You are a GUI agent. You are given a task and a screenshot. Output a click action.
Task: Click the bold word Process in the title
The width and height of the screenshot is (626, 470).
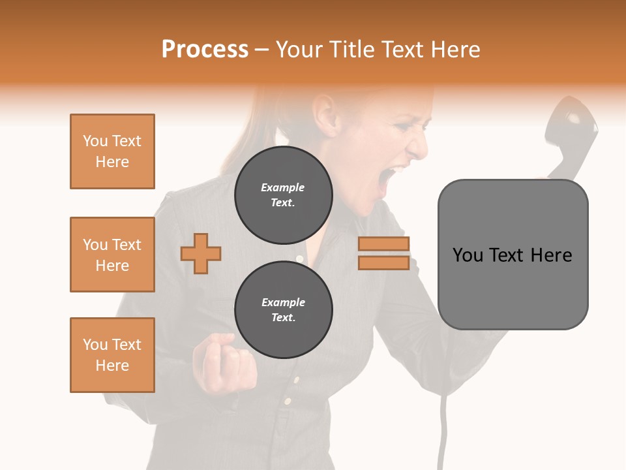click(x=205, y=50)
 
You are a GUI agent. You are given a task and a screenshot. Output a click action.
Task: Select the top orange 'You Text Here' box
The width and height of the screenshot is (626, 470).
click(x=112, y=151)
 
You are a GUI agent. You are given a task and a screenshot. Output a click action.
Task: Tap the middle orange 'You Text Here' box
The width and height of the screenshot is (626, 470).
click(x=112, y=255)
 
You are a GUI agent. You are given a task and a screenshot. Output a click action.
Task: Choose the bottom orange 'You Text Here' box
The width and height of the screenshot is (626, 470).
click(x=112, y=355)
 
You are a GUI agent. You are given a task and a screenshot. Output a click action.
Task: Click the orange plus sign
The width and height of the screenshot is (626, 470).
click(x=201, y=253)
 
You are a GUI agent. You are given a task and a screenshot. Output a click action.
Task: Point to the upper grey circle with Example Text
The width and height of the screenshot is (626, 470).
click(x=283, y=195)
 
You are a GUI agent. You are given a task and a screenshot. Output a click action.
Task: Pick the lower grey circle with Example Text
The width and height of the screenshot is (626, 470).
click(x=283, y=310)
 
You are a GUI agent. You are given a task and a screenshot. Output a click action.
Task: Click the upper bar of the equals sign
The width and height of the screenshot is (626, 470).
click(x=383, y=244)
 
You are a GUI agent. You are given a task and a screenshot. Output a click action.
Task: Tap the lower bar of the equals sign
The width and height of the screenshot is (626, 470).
click(x=383, y=262)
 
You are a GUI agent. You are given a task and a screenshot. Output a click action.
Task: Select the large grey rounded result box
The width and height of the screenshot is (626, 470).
click(x=513, y=255)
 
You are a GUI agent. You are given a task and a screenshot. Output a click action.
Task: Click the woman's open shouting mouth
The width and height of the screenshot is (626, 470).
click(x=390, y=179)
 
